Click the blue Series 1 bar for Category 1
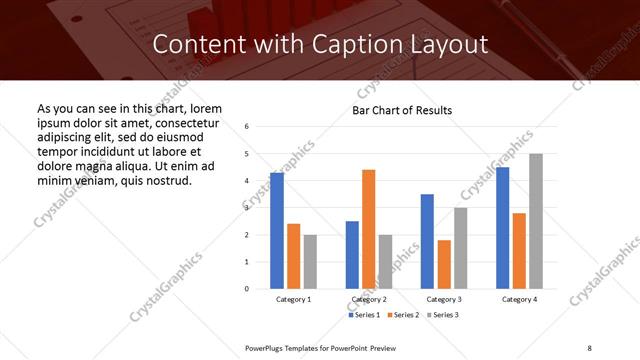pos(277,231)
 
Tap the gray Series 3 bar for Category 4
pos(536,221)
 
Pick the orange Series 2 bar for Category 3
pos(444,264)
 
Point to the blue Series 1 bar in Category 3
pos(427,241)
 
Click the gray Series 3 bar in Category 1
pos(310,262)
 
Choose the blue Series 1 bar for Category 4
pos(503,228)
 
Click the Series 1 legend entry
pos(365,315)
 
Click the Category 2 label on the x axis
pos(368,300)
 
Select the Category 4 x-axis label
pos(519,300)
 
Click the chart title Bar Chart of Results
pos(403,110)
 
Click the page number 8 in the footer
pos(589,348)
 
